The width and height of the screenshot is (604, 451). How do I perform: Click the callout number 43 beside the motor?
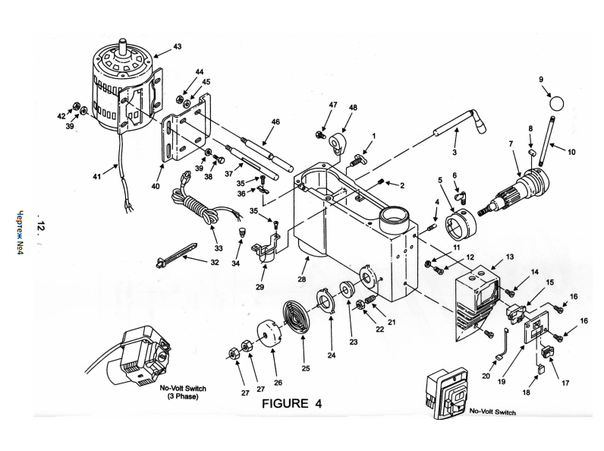click(x=178, y=46)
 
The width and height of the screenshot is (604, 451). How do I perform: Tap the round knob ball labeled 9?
click(x=556, y=103)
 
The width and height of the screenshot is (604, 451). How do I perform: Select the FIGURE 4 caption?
click(x=291, y=403)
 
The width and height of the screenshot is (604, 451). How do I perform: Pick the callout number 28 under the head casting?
click(x=301, y=279)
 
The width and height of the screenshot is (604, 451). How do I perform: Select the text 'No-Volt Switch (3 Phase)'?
click(x=183, y=392)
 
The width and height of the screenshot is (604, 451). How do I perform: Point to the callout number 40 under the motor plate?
click(x=156, y=186)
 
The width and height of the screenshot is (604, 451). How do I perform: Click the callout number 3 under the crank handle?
click(x=455, y=153)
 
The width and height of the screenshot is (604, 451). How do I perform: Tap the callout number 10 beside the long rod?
click(x=571, y=152)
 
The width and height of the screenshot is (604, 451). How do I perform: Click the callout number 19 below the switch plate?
click(x=501, y=382)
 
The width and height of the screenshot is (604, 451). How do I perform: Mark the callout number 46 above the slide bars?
click(x=275, y=121)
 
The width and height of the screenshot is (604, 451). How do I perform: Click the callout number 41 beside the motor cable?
click(x=96, y=176)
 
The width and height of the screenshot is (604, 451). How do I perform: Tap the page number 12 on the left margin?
click(x=41, y=226)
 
